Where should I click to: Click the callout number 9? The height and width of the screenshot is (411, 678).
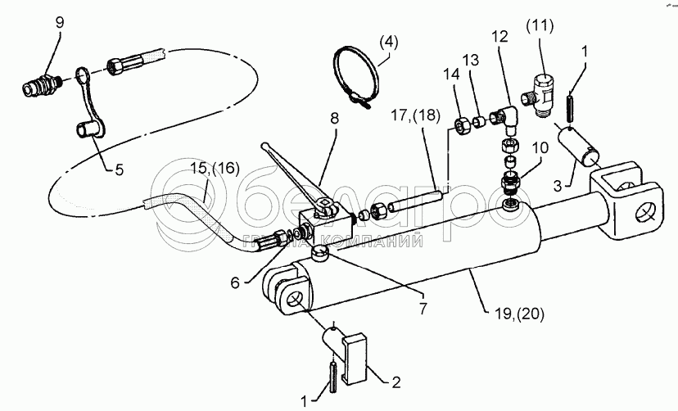[x=60, y=23]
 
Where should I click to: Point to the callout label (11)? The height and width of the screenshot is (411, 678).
[x=540, y=26]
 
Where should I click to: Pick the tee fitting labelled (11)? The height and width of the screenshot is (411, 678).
[x=540, y=94]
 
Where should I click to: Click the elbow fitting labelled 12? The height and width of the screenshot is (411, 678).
[x=503, y=118]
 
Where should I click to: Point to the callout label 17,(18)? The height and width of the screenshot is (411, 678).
[x=415, y=115]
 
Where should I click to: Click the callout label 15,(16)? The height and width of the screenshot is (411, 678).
[x=215, y=168]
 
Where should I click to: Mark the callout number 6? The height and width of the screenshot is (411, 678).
[x=235, y=283]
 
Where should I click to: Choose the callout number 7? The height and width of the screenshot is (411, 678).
[x=423, y=309]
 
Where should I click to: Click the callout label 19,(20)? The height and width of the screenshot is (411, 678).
[x=520, y=314]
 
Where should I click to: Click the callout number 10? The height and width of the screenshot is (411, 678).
[x=540, y=148]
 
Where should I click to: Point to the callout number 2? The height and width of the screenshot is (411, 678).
[x=395, y=382]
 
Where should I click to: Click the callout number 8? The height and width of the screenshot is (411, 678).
[x=335, y=118]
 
